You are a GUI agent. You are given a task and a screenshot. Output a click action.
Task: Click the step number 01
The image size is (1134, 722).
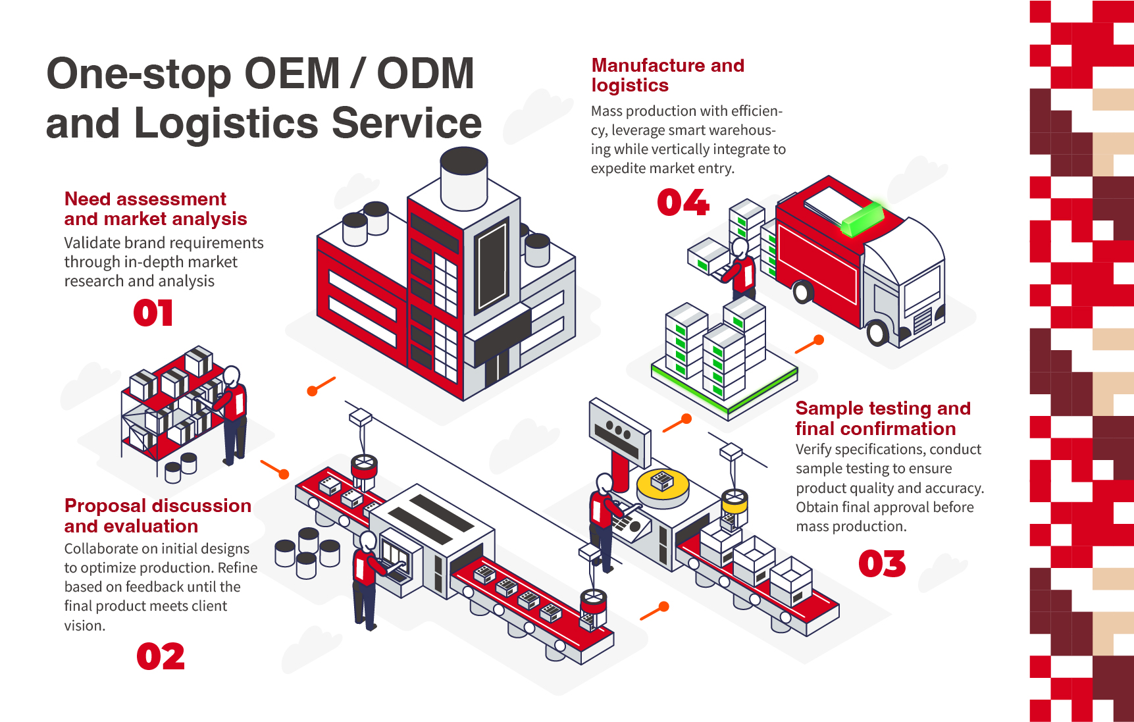click(153, 313)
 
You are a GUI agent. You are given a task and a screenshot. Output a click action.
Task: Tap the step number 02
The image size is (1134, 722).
click(161, 657)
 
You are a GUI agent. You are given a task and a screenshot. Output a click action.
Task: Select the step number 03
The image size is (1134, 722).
click(882, 564)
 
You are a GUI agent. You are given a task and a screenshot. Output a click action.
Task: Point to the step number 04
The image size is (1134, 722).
click(683, 202)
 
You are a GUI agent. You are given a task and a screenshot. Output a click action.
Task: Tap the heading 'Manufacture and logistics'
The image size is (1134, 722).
click(667, 75)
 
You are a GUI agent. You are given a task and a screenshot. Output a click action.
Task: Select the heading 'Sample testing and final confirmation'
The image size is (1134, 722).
click(882, 419)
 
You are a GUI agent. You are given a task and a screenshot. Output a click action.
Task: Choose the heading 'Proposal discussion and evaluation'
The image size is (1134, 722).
click(157, 516)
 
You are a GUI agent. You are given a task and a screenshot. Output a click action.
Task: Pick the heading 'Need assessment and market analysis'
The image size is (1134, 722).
click(155, 209)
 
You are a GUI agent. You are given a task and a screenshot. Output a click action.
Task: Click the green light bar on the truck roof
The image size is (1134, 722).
click(862, 218)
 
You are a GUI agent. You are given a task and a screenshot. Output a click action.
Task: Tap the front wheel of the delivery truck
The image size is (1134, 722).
click(877, 332)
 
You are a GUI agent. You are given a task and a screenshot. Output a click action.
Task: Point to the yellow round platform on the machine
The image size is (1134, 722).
click(663, 486)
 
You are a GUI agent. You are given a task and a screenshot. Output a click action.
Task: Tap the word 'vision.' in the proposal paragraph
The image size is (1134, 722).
click(85, 625)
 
